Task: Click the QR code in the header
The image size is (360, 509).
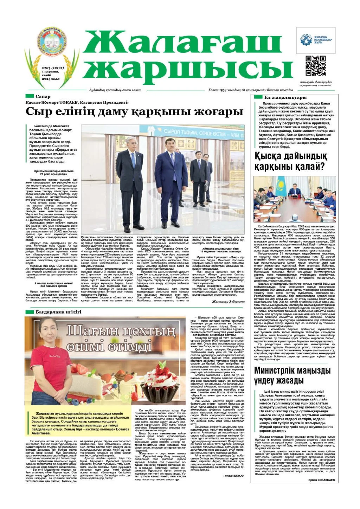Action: point(315,66)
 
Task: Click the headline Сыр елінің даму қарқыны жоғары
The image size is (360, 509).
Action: point(134,112)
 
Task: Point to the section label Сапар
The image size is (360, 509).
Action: point(43,96)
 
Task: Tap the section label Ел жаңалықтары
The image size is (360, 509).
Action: point(285,97)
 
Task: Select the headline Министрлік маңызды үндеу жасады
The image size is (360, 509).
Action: point(292,375)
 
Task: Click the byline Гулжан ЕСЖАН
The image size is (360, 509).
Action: point(233,476)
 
